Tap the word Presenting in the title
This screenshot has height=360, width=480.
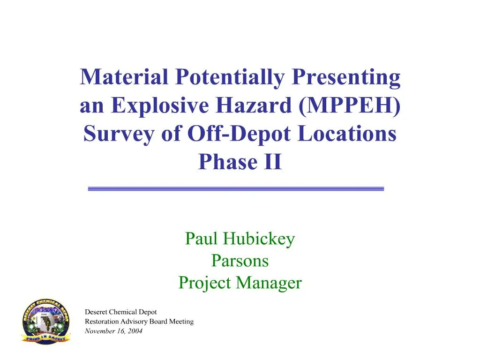coord(346,77)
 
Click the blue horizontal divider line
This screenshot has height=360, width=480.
coord(236,188)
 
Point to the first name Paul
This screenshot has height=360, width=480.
coord(202,239)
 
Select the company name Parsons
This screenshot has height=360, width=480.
coord(240,261)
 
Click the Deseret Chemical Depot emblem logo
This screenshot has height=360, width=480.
coord(45,322)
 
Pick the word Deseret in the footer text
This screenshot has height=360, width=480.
coord(97,312)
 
